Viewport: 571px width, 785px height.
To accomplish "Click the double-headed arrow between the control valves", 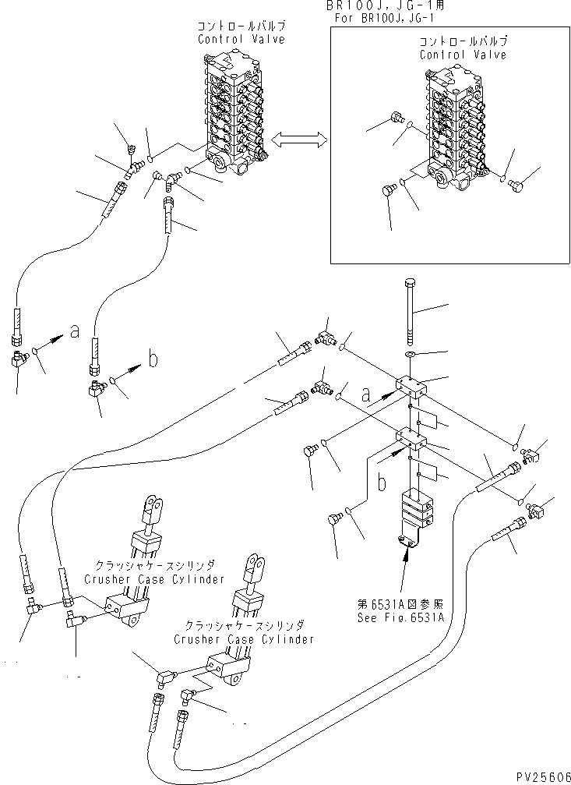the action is (x=298, y=140).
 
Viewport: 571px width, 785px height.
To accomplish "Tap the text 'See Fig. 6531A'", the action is (x=400, y=617).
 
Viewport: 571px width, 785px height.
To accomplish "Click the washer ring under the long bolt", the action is (x=410, y=355).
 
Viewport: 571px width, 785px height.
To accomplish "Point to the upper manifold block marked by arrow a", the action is (x=410, y=386).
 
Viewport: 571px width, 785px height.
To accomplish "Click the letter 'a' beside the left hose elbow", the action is (x=74, y=331).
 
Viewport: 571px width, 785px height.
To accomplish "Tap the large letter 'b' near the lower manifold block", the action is (x=382, y=483).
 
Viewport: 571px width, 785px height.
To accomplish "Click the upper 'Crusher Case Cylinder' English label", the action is (x=154, y=579).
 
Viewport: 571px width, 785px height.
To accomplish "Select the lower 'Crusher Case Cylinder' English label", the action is (x=244, y=639).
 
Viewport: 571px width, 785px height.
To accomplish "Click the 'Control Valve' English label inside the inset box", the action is (x=463, y=55).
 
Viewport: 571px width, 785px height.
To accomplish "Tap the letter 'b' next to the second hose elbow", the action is (x=153, y=359).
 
